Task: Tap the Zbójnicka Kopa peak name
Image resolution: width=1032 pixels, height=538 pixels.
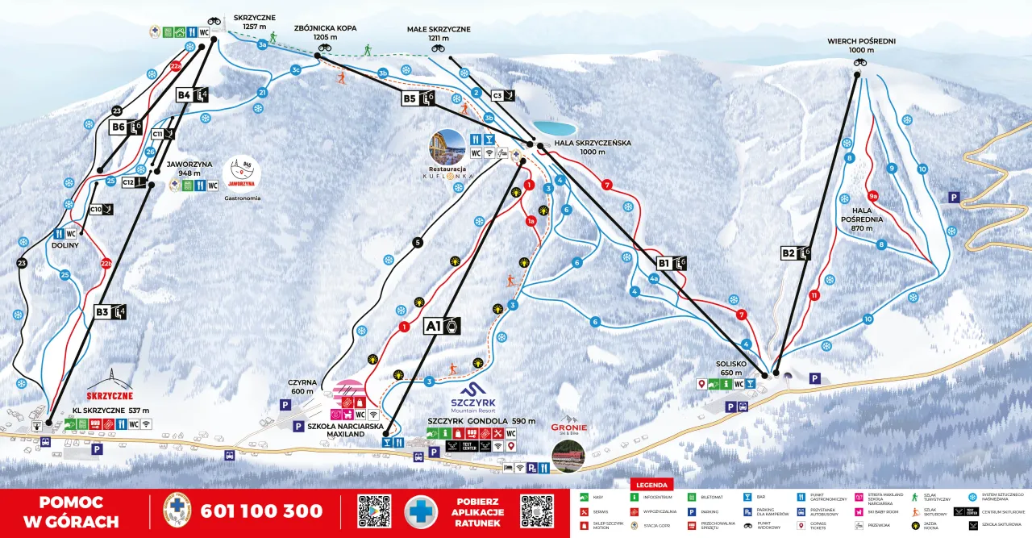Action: [x=325, y=32]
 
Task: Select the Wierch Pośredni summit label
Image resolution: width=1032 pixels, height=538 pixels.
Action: [x=861, y=45]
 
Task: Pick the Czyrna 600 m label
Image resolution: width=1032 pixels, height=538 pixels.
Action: [x=302, y=387]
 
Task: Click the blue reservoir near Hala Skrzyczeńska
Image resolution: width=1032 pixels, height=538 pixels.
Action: [x=554, y=128]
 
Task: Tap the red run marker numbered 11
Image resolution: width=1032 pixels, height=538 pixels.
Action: [x=815, y=295]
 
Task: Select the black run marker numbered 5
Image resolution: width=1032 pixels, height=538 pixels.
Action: [x=417, y=241]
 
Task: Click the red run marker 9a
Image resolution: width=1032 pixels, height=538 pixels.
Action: [x=872, y=195]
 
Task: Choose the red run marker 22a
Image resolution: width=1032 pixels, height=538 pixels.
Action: [x=176, y=66]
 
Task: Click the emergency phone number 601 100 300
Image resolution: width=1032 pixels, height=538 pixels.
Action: [x=261, y=511]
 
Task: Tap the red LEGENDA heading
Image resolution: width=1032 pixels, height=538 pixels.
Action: [x=651, y=485]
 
